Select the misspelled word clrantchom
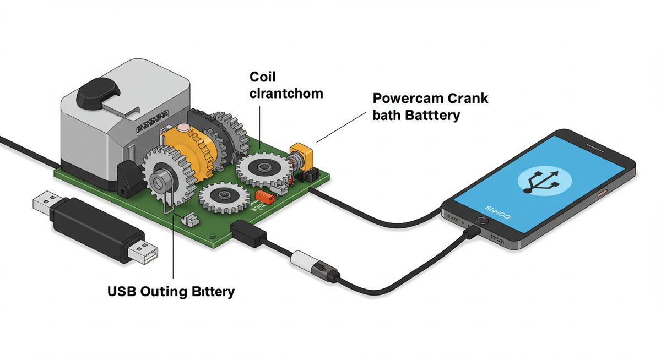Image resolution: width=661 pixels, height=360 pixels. pyautogui.click(x=286, y=94)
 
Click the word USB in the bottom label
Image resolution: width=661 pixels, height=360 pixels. pyautogui.click(x=121, y=291)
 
